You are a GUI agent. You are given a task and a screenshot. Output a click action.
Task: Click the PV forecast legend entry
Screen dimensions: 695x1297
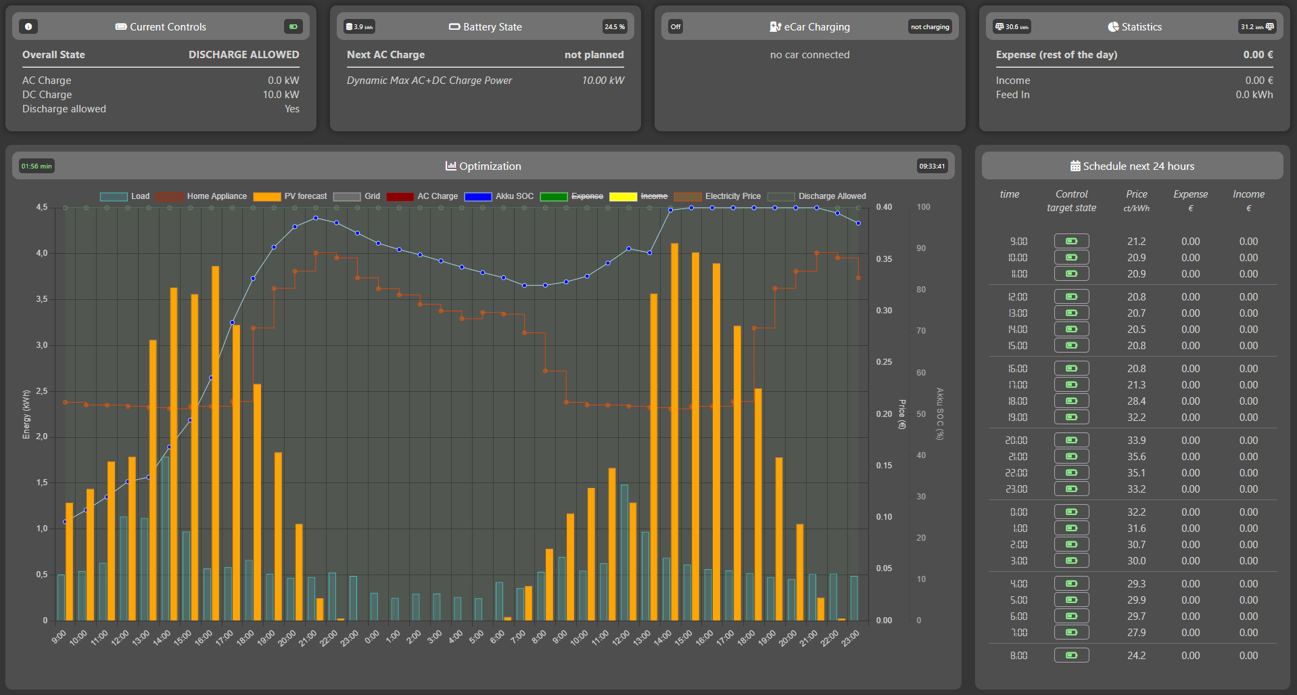pyautogui.click(x=291, y=196)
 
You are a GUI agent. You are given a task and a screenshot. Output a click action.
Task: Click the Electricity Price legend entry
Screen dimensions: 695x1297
pyautogui.click(x=718, y=196)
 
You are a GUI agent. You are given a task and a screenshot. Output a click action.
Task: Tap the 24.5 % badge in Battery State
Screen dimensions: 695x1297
pyautogui.click(x=614, y=27)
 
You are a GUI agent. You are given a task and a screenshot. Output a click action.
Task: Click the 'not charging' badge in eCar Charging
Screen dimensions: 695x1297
pyautogui.click(x=929, y=27)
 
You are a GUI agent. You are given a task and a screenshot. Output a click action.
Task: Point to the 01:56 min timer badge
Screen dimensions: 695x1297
pyautogui.click(x=37, y=166)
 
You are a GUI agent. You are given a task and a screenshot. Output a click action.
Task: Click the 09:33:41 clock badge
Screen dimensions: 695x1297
pyautogui.click(x=931, y=166)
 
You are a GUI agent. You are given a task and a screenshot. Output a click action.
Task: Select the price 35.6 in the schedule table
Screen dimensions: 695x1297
pyautogui.click(x=1136, y=457)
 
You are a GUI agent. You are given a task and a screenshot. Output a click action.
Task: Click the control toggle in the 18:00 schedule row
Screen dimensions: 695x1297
pyautogui.click(x=1071, y=401)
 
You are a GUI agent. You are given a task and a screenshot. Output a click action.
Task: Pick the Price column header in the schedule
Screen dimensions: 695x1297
pyautogui.click(x=1136, y=200)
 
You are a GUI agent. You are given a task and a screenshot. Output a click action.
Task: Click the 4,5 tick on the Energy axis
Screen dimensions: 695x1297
pyautogui.click(x=42, y=207)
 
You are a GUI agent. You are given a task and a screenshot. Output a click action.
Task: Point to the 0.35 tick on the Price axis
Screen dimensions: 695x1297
pyautogui.click(x=884, y=259)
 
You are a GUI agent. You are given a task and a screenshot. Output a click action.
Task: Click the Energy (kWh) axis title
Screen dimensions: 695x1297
pyautogui.click(x=26, y=414)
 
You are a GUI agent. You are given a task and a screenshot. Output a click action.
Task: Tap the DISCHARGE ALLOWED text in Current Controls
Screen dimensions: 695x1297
pyautogui.click(x=243, y=55)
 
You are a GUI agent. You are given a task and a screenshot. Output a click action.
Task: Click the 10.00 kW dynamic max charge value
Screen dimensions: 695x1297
pyautogui.click(x=603, y=81)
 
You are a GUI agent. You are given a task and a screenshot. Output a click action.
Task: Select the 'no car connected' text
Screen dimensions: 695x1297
pyautogui.click(x=809, y=55)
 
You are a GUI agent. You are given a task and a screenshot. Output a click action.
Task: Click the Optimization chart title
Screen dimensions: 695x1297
pyautogui.click(x=483, y=166)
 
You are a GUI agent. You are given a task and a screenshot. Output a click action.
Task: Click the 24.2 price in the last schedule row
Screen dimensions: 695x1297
pyautogui.click(x=1136, y=656)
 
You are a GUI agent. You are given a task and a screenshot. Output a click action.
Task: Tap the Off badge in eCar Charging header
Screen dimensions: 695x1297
pyautogui.click(x=675, y=27)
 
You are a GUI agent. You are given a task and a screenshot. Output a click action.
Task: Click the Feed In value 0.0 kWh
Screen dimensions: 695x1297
pyautogui.click(x=1254, y=95)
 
